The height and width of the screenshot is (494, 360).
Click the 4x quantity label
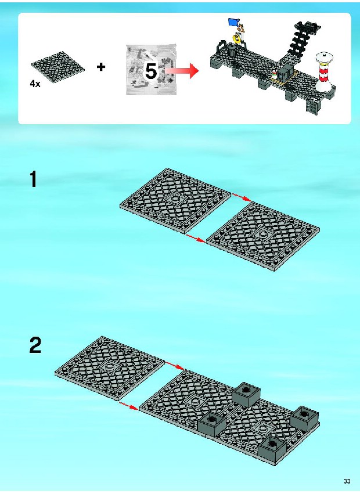[35, 84]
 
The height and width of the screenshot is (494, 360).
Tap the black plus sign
[101, 67]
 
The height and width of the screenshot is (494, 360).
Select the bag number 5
[150, 71]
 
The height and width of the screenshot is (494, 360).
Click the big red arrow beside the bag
[182, 71]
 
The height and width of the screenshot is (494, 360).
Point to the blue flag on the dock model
[233, 22]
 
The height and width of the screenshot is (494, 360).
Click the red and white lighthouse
[324, 72]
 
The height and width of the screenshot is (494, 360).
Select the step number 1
[33, 179]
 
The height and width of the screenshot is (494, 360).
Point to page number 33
[347, 481]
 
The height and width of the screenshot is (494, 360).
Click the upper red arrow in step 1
[242, 197]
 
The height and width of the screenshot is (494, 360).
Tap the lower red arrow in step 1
[196, 238]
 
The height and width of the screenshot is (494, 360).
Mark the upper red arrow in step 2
[175, 365]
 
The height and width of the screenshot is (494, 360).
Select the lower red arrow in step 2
[129, 406]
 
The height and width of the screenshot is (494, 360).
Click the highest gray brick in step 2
[246, 395]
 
